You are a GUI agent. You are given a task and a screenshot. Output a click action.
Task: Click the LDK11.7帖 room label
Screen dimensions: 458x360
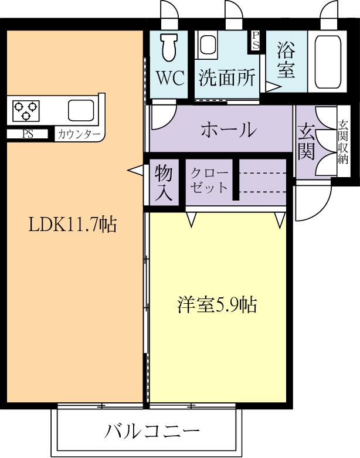(73, 224)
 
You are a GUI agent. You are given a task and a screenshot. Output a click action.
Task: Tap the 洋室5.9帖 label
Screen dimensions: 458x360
(218, 305)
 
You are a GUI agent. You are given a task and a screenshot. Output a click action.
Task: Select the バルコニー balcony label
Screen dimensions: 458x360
(152, 432)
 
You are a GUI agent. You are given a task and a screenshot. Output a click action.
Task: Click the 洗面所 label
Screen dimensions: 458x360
(226, 78)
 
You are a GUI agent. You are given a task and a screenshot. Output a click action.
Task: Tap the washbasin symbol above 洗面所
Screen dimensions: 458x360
(207, 45)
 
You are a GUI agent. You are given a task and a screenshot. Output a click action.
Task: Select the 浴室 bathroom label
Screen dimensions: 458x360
(286, 60)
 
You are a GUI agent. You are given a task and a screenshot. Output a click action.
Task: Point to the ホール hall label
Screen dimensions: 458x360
(228, 130)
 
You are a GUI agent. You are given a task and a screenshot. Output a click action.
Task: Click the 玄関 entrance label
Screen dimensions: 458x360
(306, 141)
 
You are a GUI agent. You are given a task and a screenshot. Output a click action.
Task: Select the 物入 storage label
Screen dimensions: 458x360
(164, 183)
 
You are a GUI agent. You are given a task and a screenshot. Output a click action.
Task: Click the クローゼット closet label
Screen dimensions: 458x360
(209, 180)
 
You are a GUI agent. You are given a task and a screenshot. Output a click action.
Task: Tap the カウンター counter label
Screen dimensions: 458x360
(79, 134)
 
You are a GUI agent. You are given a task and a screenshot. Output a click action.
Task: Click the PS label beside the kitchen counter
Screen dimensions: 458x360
(28, 134)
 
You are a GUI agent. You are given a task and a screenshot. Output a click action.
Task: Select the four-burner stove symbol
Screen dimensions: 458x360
(26, 108)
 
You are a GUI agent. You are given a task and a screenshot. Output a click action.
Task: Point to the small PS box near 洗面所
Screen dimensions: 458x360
(256, 42)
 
